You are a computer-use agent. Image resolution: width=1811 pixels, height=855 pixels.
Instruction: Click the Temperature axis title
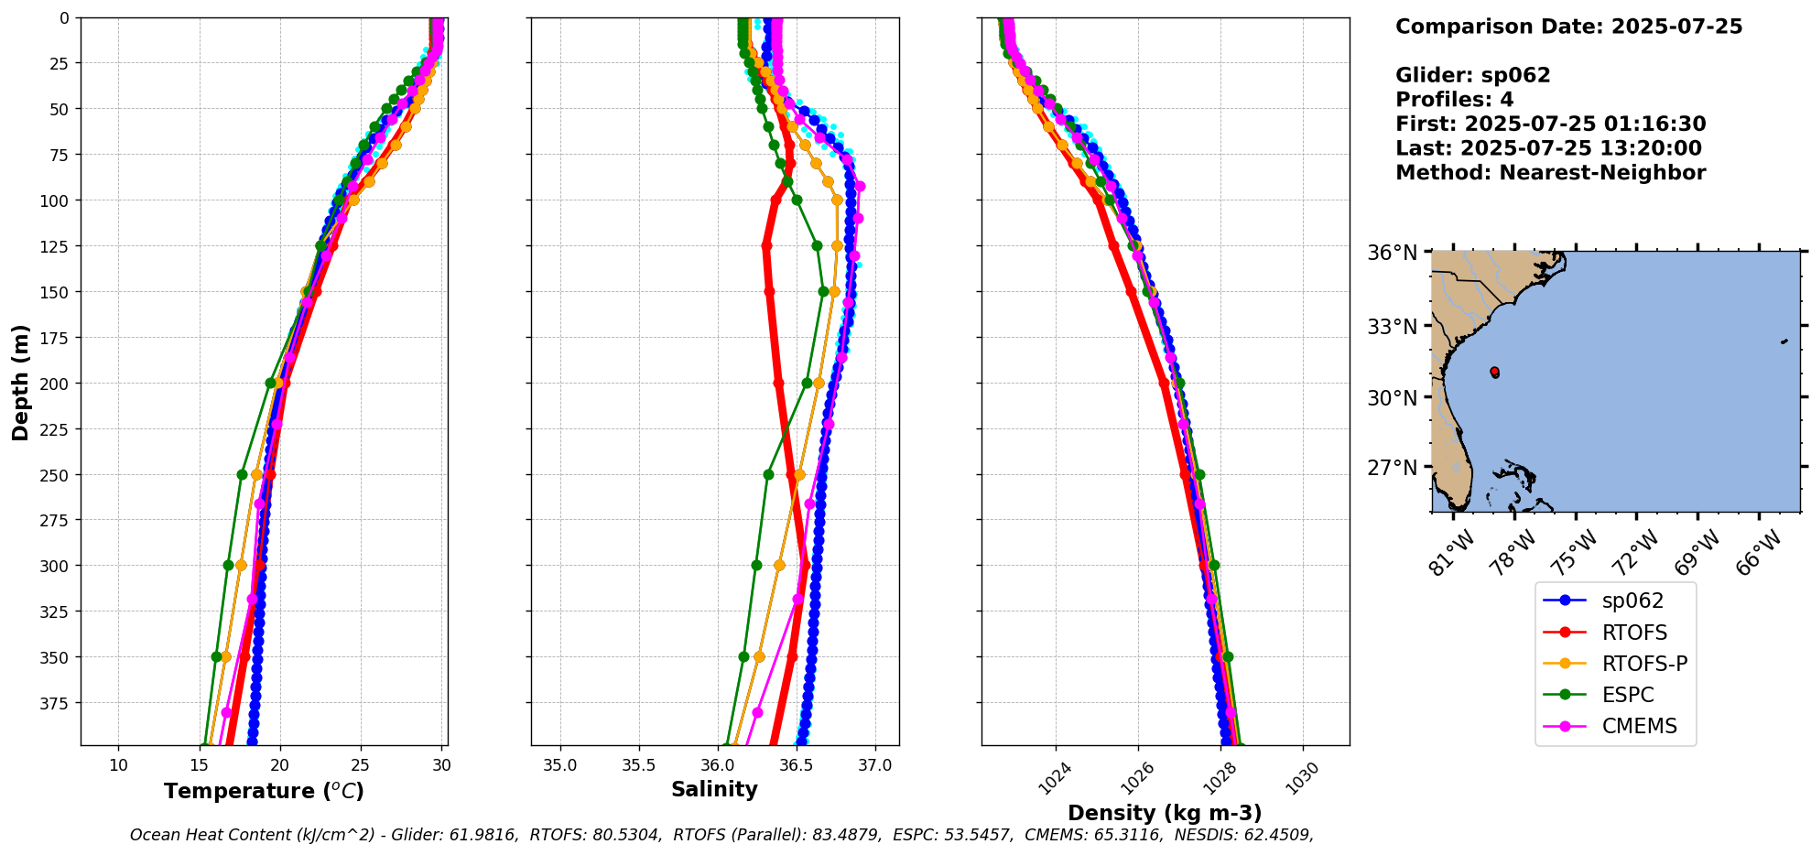264,791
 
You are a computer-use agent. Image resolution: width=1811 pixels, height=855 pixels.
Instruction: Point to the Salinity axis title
714,789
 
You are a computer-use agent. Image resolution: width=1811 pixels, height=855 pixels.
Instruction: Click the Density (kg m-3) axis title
1165,813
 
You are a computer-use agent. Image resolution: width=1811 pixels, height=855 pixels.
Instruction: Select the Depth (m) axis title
20,382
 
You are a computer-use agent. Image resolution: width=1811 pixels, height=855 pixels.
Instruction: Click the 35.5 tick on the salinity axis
639,765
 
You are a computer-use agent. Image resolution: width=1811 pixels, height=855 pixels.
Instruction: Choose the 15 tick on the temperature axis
199,765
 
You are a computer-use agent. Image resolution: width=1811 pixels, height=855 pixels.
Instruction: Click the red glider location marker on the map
1494,372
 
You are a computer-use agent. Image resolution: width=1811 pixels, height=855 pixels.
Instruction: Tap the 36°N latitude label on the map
1392,253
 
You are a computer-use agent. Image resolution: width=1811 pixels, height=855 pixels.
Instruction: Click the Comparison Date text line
1568,27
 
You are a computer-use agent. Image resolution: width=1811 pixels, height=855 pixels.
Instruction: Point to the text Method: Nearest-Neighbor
1550,173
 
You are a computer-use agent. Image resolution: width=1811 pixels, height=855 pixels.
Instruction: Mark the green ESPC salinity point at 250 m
768,474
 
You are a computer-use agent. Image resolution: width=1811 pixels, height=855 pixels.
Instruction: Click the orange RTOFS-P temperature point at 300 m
241,566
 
